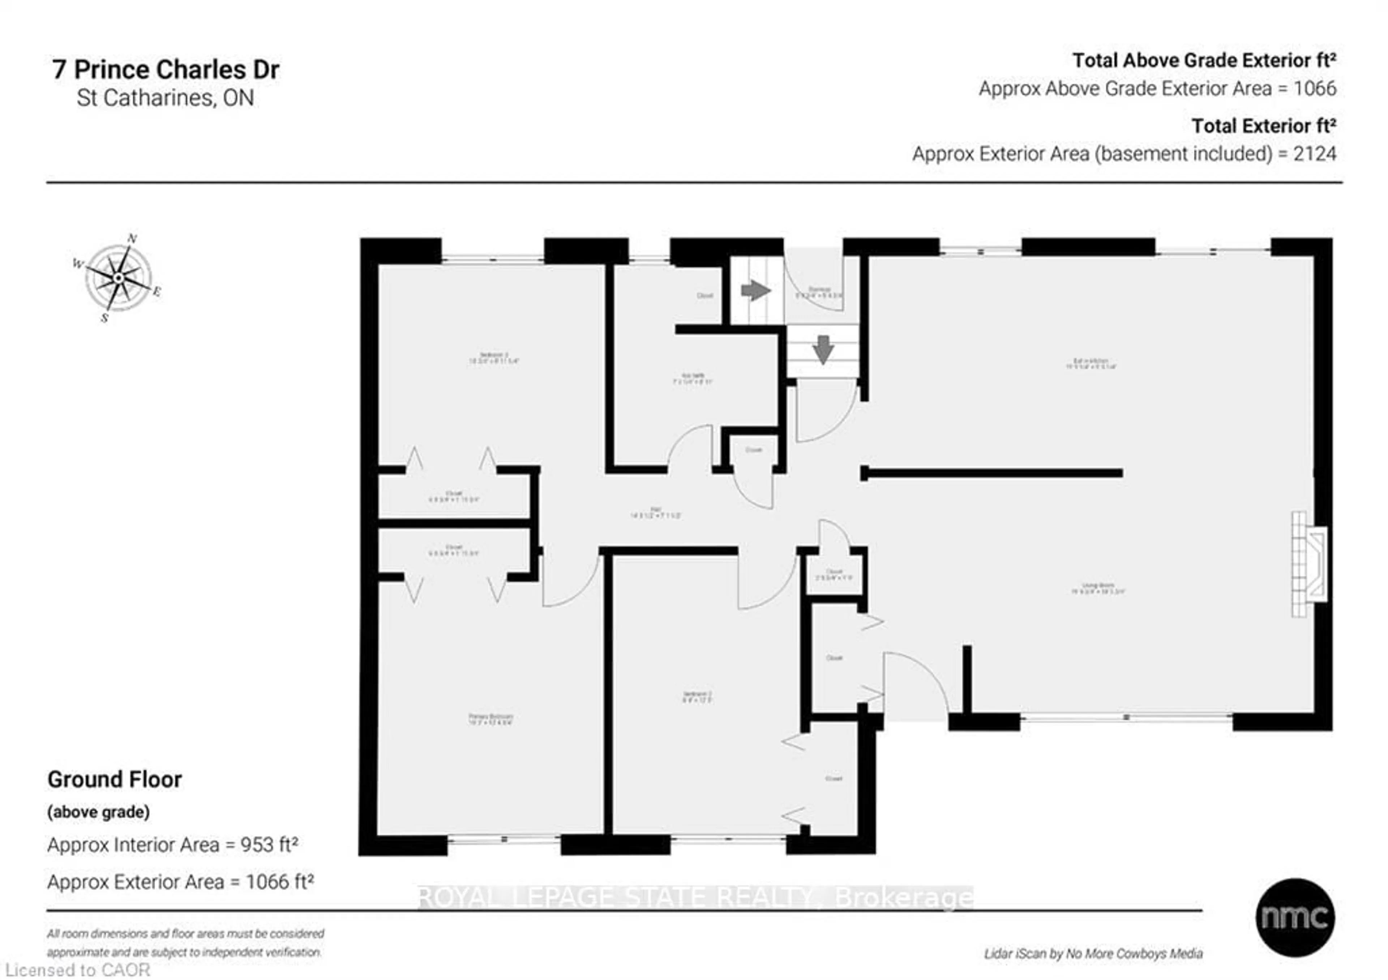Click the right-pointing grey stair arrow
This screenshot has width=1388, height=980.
756,290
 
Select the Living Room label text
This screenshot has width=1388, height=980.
1097,588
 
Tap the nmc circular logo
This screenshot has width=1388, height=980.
1294,917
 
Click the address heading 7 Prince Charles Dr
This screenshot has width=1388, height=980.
166,69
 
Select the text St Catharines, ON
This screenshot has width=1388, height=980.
165,98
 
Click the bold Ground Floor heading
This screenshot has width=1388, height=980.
115,779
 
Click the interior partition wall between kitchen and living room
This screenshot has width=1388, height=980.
991,474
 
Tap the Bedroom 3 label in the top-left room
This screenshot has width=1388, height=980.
494,358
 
